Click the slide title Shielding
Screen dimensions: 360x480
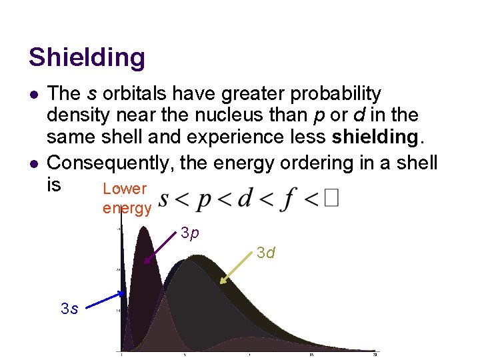86,57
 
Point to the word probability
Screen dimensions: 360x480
339,93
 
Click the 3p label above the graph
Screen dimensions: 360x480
190,234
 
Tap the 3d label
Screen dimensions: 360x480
267,253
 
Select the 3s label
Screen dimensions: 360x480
69,309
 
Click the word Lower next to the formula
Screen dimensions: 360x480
124,189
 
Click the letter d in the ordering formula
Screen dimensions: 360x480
255,198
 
